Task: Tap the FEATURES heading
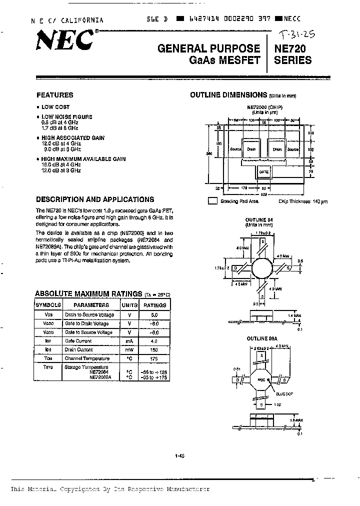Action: point(55,95)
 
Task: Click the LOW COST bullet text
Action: point(55,107)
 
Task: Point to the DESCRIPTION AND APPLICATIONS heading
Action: point(95,199)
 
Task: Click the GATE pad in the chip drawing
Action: point(263,171)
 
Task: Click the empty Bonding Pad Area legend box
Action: point(212,201)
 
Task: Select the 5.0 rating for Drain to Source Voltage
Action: point(154,315)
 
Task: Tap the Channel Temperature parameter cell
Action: point(86,358)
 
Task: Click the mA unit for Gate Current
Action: point(129,340)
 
